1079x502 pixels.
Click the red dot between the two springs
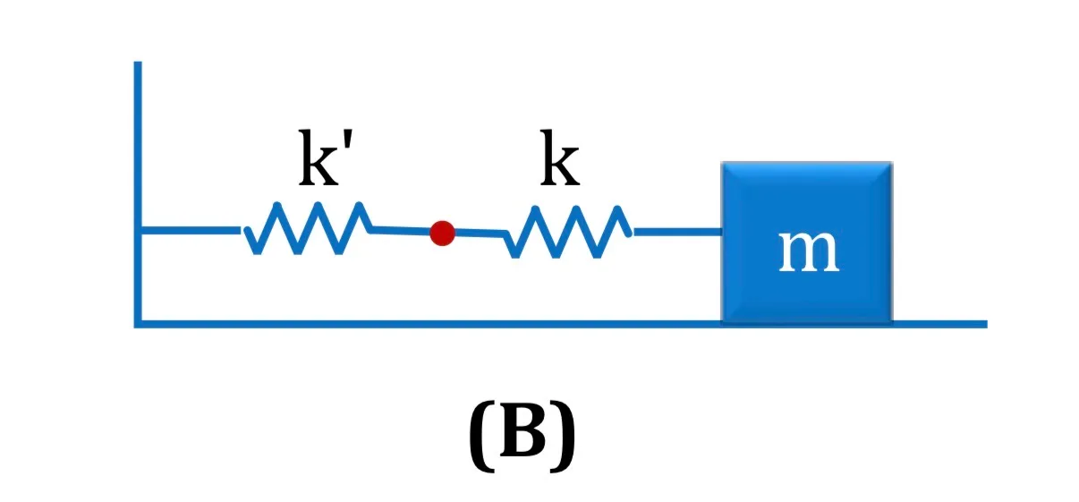(x=442, y=234)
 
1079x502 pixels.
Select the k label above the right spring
(x=560, y=158)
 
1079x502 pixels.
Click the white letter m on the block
(x=809, y=252)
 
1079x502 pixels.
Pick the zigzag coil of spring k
(x=567, y=232)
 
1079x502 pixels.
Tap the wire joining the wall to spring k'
(x=191, y=230)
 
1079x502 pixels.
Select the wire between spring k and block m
(x=678, y=233)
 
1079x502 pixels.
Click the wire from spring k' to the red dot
(x=401, y=231)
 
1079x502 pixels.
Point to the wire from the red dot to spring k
(x=480, y=234)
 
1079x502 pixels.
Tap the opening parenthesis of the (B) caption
(x=481, y=436)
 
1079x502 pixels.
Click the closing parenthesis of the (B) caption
(x=563, y=436)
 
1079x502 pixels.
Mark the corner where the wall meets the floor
(x=138, y=324)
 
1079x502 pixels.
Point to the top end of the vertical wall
(x=138, y=62)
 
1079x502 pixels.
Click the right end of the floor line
(x=987, y=324)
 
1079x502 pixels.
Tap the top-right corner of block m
(x=892, y=162)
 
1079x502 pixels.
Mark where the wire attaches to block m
(x=722, y=233)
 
